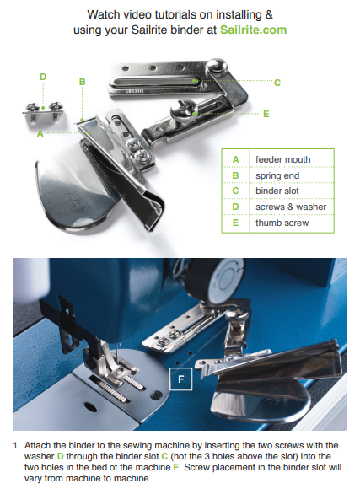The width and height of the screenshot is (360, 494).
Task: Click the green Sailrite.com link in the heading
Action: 253,30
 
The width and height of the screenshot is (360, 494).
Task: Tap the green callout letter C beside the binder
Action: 277,83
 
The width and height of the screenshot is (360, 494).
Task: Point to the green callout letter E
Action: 266,114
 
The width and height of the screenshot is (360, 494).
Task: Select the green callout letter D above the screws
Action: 43,77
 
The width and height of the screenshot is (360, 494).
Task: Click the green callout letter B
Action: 83,82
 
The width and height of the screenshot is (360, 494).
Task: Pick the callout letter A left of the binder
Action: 40,133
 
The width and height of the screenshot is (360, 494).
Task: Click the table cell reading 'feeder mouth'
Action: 282,159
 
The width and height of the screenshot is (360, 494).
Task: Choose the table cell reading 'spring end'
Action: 277,176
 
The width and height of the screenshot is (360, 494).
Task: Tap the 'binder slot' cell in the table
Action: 277,191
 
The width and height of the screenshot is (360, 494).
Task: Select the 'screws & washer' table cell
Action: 291,207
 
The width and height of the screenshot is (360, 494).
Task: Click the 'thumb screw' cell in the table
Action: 282,223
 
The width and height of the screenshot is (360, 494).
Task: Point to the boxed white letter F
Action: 180,379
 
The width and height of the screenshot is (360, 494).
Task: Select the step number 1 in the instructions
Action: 16,445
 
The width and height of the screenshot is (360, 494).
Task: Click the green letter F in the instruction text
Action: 175,467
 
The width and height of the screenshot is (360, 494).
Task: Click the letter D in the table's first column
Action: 235,207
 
